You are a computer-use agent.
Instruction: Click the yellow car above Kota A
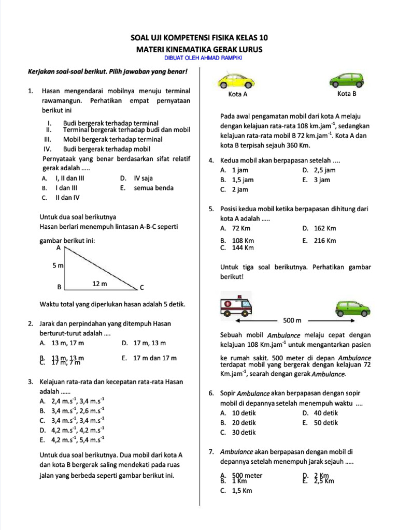click(237, 81)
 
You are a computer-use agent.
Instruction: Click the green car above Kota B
click(347, 80)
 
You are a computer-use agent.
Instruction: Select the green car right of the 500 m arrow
click(352, 307)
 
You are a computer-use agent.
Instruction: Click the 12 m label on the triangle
click(100, 284)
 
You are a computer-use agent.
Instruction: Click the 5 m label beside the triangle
click(58, 266)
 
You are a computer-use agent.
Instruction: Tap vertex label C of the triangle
click(141, 287)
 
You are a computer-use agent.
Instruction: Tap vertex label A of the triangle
click(59, 248)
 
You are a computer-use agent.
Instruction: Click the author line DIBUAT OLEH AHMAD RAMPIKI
click(200, 58)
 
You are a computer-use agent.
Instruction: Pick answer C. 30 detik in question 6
click(238, 433)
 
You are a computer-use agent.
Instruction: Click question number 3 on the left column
click(31, 382)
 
